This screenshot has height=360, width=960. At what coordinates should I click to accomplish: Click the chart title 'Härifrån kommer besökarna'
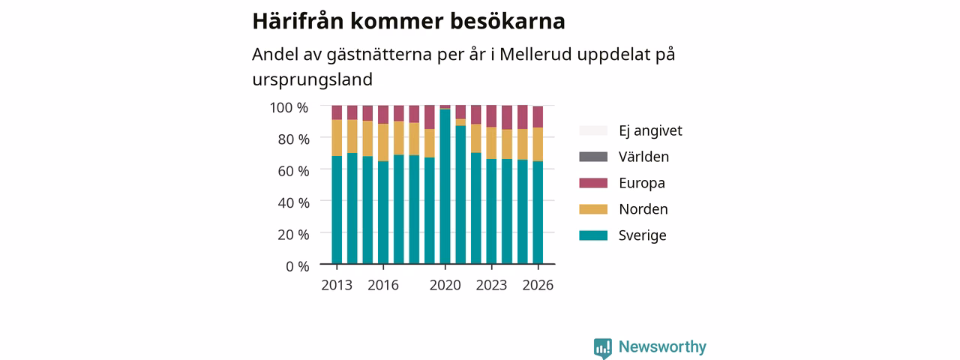click(409, 22)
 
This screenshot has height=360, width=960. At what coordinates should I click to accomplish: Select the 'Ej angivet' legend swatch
click(593, 130)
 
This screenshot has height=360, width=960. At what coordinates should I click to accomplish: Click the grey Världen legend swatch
click(593, 157)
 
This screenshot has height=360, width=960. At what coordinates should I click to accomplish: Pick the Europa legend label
click(641, 183)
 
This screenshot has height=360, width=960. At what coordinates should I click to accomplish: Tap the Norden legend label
click(643, 209)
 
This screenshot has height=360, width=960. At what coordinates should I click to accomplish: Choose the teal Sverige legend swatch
click(593, 235)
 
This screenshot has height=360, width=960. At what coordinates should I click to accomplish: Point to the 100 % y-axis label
click(289, 107)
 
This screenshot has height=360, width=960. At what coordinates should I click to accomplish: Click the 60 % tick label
click(293, 171)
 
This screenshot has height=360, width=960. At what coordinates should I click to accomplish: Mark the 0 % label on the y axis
click(298, 266)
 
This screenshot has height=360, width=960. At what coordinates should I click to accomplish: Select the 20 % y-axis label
click(293, 235)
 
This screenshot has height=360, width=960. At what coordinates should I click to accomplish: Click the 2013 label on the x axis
click(337, 285)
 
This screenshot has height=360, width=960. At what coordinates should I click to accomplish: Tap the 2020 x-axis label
click(445, 285)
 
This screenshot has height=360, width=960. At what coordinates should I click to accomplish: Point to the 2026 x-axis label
click(538, 285)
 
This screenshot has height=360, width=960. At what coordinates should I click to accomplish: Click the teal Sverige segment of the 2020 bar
click(445, 187)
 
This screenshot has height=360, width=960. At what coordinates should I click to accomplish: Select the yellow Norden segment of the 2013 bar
click(337, 137)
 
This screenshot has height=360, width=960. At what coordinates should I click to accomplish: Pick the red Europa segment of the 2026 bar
click(538, 117)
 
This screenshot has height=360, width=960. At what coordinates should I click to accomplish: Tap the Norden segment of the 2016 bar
click(383, 142)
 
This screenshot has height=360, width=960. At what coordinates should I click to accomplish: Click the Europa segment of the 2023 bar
click(491, 116)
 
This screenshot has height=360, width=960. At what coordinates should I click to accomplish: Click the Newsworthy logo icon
click(602, 348)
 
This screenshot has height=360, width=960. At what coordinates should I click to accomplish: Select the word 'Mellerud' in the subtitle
click(535, 55)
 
